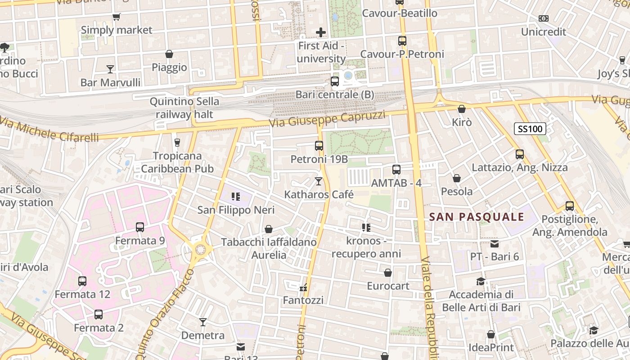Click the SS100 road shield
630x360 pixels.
click(x=530, y=129)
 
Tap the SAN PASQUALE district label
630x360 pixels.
click(x=477, y=217)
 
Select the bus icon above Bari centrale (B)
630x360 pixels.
click(x=334, y=81)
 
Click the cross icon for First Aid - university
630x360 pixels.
click(x=321, y=32)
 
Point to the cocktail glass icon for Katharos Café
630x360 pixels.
click(x=319, y=181)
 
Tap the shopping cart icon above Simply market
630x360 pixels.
click(x=117, y=17)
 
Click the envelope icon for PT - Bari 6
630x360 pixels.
click(x=495, y=243)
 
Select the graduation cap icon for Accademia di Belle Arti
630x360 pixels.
click(x=481, y=282)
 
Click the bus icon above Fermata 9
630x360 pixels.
click(x=140, y=227)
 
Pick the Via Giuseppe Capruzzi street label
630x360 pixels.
click(x=327, y=118)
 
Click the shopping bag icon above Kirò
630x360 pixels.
click(x=461, y=109)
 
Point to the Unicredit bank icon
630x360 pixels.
click(x=543, y=18)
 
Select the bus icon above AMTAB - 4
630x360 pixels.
click(x=396, y=170)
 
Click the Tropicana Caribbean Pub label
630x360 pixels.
click(x=177, y=162)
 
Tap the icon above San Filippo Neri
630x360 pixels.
click(x=235, y=197)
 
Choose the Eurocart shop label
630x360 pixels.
click(x=388, y=286)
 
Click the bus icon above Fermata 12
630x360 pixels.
click(x=82, y=281)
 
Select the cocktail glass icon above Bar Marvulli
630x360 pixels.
click(x=110, y=69)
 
